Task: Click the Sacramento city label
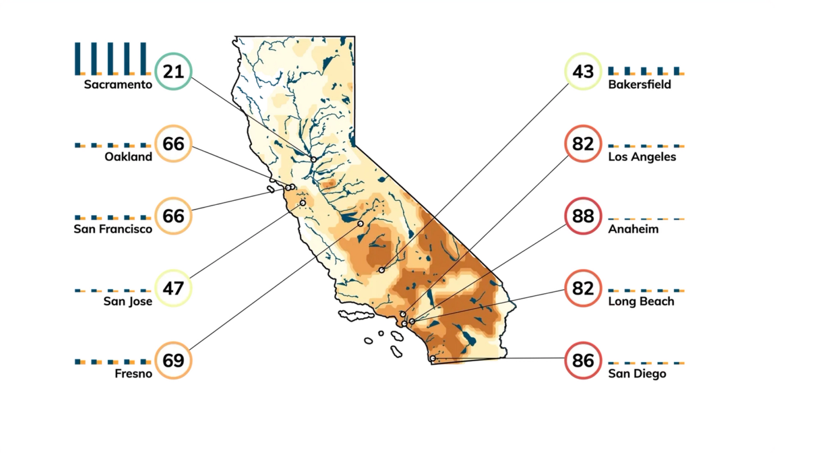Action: pos(118,85)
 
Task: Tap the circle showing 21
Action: pos(173,71)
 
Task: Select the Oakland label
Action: pos(128,157)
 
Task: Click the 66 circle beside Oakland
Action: pos(173,143)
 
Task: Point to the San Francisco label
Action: pos(113,229)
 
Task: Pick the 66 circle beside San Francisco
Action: pos(173,216)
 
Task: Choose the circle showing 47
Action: pos(173,288)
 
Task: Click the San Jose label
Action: pos(128,301)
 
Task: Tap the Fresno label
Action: pos(134,374)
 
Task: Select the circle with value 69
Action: pos(173,360)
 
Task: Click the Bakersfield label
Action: pos(639,85)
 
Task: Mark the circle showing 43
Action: pos(583,71)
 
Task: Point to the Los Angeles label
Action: pos(642,157)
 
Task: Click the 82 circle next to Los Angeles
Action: pos(583,143)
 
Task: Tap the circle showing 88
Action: pos(583,216)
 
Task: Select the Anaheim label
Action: pos(633,229)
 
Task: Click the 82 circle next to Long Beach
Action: pos(583,288)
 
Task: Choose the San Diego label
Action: pos(637,374)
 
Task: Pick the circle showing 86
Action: pos(583,360)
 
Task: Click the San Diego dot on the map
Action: pos(433,358)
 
